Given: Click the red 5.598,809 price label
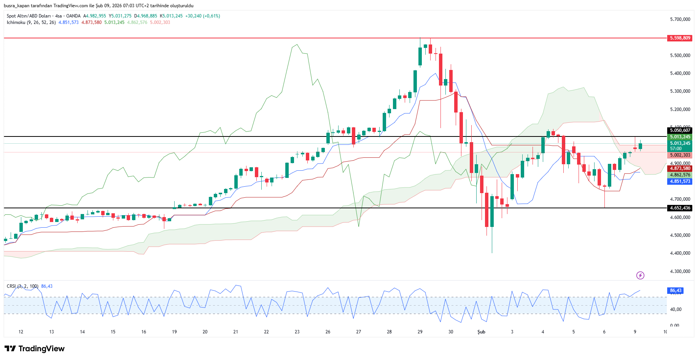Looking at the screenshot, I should click(680, 38).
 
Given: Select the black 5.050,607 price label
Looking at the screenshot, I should click(680, 130).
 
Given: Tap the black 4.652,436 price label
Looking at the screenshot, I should click(680, 208).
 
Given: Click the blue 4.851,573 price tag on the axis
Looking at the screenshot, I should click(680, 181).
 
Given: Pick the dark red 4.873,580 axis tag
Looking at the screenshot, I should click(680, 168).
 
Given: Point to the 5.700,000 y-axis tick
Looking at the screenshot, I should click(680, 19).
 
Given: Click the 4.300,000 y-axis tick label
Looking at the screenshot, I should click(680, 271).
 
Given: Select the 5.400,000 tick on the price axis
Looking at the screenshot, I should click(680, 73).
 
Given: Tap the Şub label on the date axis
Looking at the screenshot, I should click(481, 332).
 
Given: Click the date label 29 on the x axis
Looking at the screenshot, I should click(420, 332).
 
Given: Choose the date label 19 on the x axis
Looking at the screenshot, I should click(174, 332).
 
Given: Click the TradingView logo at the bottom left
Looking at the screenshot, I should click(35, 349).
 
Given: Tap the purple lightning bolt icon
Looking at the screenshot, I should click(640, 275).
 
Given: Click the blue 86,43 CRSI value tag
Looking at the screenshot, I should click(675, 290).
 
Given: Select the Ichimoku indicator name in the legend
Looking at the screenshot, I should click(16, 22).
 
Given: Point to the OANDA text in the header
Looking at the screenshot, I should click(73, 16).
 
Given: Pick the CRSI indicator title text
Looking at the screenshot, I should click(11, 286).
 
